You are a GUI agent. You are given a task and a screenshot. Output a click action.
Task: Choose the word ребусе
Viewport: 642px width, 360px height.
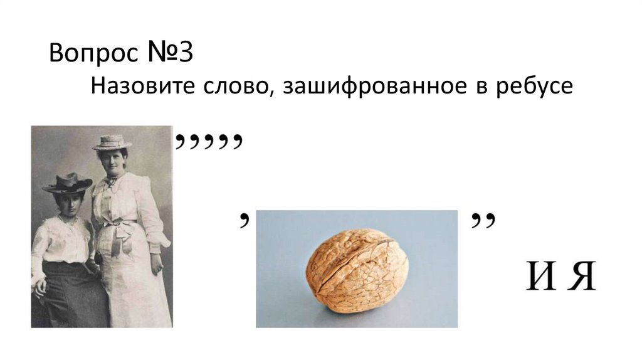tap(530, 87)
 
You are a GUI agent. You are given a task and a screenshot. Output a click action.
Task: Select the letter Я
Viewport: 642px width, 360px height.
tap(582, 278)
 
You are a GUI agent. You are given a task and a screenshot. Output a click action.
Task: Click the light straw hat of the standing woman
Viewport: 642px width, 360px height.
tap(112, 142)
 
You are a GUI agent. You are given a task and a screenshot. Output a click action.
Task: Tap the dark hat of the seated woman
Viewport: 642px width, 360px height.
tap(68, 183)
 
